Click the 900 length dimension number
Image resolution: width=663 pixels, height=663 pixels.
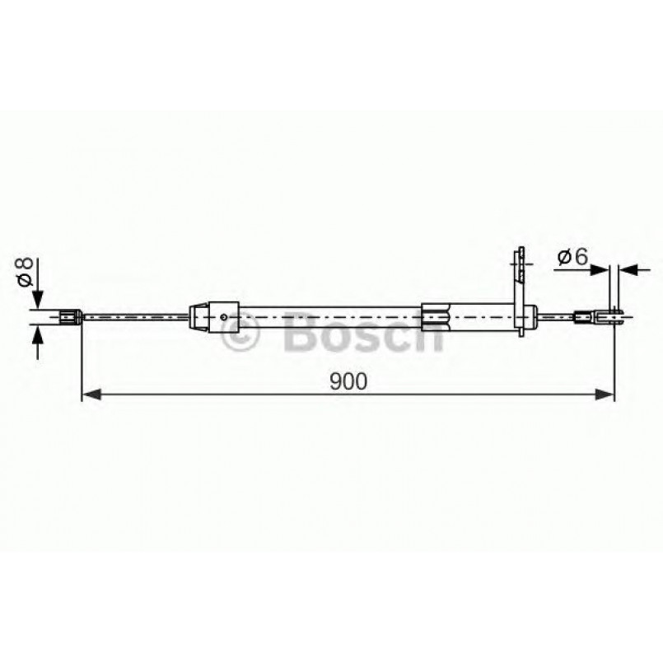(x=348, y=381)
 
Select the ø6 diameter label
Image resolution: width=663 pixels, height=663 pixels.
(x=572, y=258)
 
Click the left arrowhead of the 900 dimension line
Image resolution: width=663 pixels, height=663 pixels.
(x=90, y=395)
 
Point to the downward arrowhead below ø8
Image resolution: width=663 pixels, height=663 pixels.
(x=36, y=301)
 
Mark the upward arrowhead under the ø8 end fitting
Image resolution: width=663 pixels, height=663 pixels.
(x=36, y=334)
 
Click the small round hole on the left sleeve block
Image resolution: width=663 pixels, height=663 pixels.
(x=224, y=316)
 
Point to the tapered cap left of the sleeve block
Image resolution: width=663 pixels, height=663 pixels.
(x=198, y=316)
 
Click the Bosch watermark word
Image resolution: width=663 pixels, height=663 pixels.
(x=362, y=333)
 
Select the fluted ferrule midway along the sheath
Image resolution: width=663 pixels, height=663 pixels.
(x=436, y=316)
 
